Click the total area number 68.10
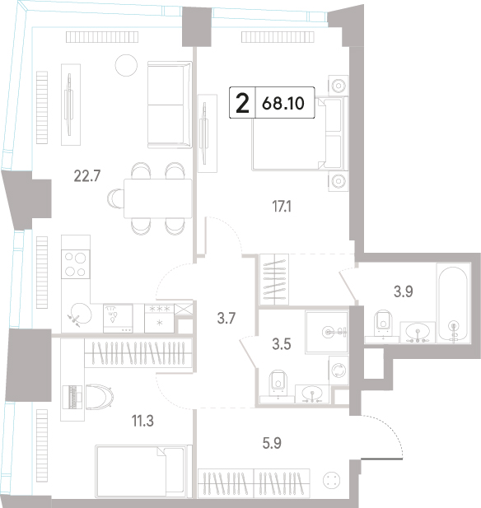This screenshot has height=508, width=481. [x=283, y=104]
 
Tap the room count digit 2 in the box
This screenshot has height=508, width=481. [x=242, y=103]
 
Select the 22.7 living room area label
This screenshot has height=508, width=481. [x=87, y=176]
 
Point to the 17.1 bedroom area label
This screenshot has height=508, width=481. [x=282, y=207]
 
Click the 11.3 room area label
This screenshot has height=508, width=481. [x=142, y=422]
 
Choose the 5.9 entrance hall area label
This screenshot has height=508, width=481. [x=272, y=443]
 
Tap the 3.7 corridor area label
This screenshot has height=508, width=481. [x=226, y=319]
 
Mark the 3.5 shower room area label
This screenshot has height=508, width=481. [x=282, y=344]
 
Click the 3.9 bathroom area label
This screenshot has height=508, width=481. [x=404, y=291]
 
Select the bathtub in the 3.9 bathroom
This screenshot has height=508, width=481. [x=453, y=303]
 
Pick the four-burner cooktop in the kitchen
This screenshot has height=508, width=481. [x=76, y=264]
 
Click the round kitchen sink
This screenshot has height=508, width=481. [x=80, y=314]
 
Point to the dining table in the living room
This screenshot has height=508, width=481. [x=157, y=198]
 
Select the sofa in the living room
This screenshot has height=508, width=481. [x=170, y=105]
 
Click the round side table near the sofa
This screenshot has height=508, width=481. [x=126, y=65]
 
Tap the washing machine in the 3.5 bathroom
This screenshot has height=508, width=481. [x=339, y=371]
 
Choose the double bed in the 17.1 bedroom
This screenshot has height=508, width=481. [x=300, y=133]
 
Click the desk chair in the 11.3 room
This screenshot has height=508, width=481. [x=100, y=397]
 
